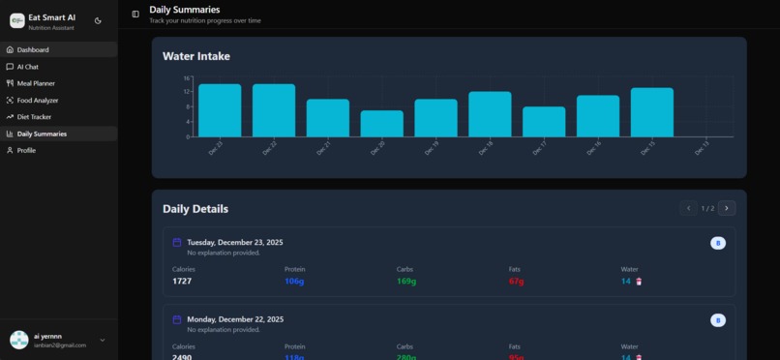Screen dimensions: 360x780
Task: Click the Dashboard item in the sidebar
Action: point(33,49)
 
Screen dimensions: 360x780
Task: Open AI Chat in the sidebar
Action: point(28,67)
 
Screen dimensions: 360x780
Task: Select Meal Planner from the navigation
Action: point(36,83)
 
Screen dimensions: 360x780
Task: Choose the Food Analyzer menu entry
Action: point(38,100)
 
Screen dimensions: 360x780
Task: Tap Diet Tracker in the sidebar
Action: point(34,117)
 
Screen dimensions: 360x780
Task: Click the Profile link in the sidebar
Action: point(26,150)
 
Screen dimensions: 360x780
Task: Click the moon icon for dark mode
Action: point(98,20)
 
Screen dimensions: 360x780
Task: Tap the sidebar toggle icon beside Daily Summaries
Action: point(135,14)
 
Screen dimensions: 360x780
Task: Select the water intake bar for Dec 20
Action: point(381,123)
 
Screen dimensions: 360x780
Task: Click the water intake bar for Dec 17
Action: point(544,122)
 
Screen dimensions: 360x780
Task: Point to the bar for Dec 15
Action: point(652,112)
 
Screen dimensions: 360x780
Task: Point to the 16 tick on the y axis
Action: point(187,78)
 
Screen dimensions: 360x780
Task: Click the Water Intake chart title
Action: point(196,56)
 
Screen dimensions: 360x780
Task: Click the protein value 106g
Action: point(294,282)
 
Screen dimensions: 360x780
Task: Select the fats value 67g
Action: point(516,282)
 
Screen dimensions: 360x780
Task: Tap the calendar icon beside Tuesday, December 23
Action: point(177,243)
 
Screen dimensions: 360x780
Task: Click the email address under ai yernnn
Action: point(60,345)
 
